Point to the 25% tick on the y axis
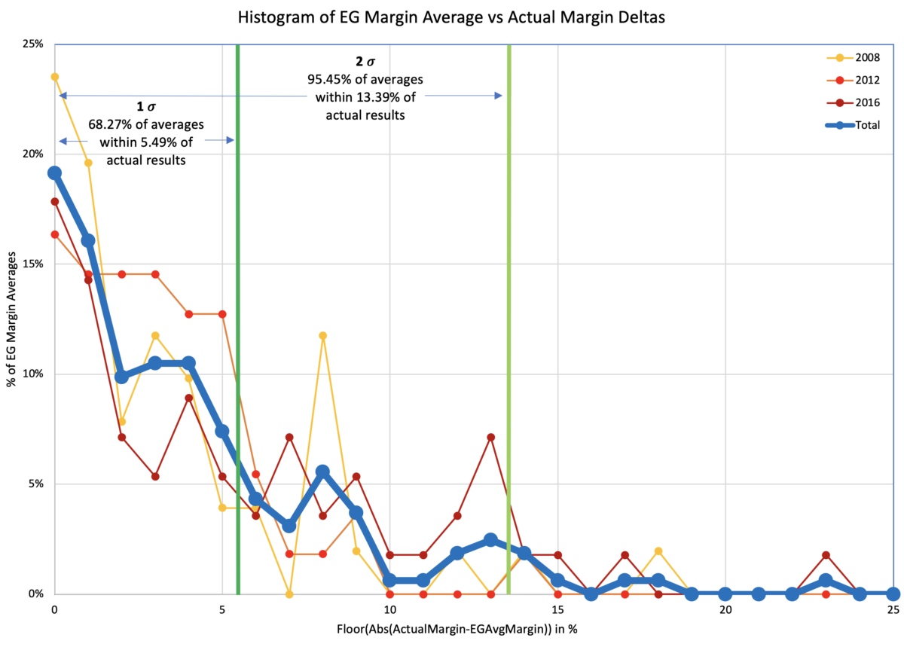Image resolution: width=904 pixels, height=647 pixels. click(33, 44)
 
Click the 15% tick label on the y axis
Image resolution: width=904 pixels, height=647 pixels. click(33, 264)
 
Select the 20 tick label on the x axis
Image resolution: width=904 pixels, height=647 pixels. click(725, 609)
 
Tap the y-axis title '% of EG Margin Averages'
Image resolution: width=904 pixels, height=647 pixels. click(14, 319)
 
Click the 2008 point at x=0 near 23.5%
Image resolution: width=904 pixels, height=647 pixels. click(55, 77)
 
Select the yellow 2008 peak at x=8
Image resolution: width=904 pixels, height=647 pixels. click(322, 335)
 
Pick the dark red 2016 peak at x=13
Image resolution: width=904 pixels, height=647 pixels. click(490, 437)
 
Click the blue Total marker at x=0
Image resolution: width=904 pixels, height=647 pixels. click(55, 172)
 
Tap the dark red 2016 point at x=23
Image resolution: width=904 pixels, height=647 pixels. click(826, 555)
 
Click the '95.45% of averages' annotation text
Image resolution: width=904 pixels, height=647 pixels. click(366, 78)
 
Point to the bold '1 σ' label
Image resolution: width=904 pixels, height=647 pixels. click(145, 107)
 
